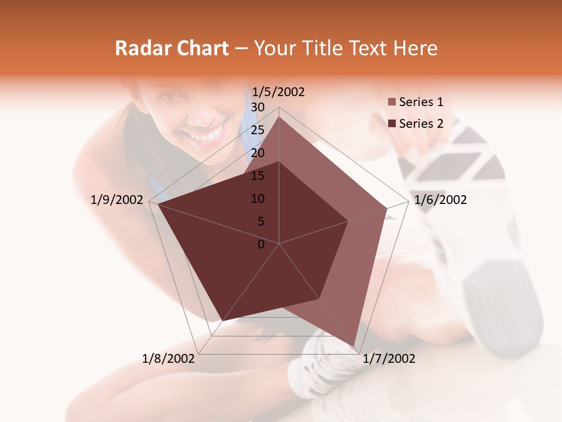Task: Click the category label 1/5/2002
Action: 278,91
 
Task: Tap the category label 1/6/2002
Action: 440,200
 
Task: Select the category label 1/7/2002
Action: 389,358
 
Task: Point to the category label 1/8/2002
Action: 169,358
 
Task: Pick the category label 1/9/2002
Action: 117,200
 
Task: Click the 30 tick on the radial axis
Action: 258,107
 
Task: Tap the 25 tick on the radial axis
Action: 258,130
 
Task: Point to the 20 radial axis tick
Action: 258,153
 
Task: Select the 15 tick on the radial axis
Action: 258,176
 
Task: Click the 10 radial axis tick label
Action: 258,199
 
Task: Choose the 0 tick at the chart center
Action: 261,244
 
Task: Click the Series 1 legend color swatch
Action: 392,103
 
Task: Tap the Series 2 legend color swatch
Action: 392,124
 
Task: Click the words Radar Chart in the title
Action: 172,48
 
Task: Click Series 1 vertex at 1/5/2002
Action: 279,117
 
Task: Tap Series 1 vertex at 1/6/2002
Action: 387,208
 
